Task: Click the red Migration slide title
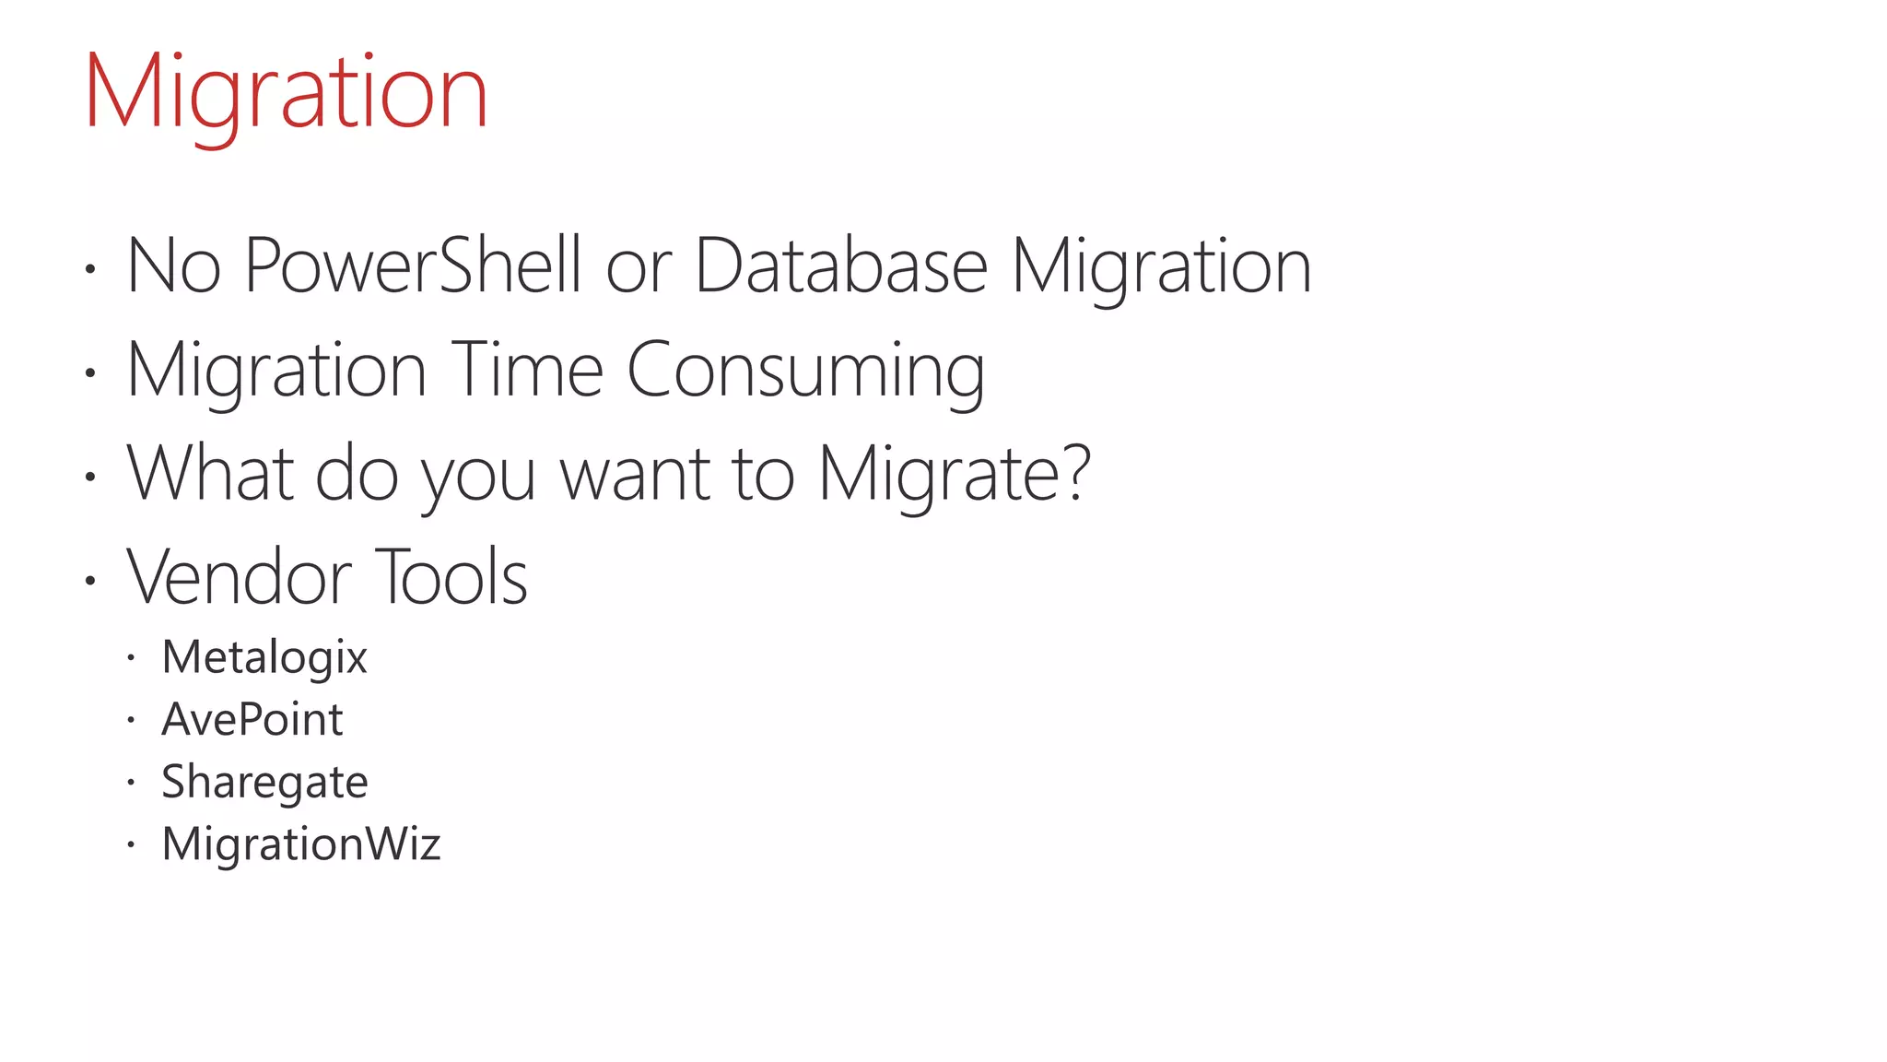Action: click(286, 92)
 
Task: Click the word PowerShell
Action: click(413, 265)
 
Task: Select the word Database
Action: click(840, 265)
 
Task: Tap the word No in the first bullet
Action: click(173, 265)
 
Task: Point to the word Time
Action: click(526, 370)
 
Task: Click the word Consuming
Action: click(805, 370)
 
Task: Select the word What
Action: click(210, 473)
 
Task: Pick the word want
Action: click(635, 475)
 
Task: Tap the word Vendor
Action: click(239, 577)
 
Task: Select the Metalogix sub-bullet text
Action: click(264, 657)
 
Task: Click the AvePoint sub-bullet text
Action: click(252, 719)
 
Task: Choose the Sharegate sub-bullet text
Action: click(264, 782)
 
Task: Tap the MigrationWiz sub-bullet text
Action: click(301, 844)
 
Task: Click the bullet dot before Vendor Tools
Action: click(89, 581)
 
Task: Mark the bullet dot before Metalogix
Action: click(131, 658)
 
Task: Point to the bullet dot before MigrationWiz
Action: click(131, 844)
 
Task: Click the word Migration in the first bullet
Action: click(1161, 265)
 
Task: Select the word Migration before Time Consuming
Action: click(275, 370)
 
